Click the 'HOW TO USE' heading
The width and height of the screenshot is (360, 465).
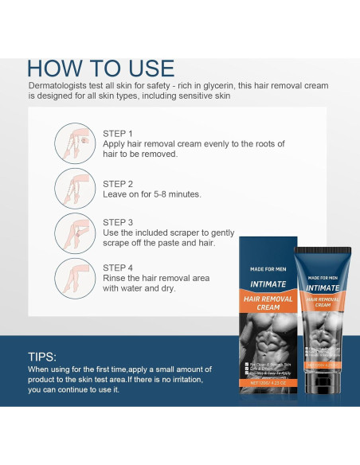coord(100,68)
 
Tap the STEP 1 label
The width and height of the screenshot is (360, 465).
coord(118,133)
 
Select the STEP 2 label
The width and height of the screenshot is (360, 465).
coord(118,183)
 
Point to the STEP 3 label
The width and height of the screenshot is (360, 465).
coord(118,221)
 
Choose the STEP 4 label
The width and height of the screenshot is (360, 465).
coord(118,268)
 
